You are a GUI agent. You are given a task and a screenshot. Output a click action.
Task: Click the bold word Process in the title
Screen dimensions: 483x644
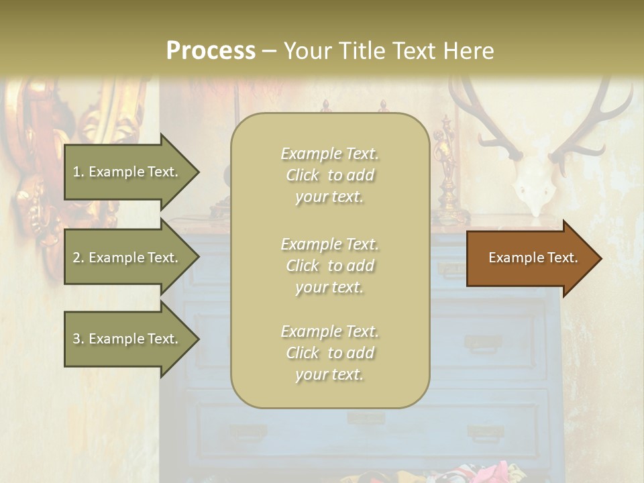click(x=211, y=50)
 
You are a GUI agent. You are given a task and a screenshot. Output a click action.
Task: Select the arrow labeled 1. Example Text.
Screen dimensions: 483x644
click(x=127, y=172)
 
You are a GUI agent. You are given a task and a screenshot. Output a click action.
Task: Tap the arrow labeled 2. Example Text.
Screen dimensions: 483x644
click(x=127, y=258)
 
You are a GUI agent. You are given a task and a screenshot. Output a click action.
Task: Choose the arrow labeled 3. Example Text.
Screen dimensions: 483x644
click(x=127, y=339)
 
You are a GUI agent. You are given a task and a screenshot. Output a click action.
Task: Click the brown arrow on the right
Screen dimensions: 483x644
click(x=530, y=258)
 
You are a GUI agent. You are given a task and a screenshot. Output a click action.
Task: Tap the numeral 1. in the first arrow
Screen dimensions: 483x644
click(x=78, y=172)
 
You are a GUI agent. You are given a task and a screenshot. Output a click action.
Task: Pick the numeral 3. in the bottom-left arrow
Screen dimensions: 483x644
click(x=78, y=339)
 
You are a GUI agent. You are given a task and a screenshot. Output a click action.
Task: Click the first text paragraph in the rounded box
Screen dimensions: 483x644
click(x=329, y=175)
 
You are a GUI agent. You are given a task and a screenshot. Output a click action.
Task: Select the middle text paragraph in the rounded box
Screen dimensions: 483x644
click(x=329, y=266)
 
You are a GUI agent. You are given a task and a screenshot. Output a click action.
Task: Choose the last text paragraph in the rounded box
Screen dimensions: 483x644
click(x=329, y=353)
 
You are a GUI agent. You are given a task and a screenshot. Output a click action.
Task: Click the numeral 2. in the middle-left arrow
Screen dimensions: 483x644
click(x=78, y=258)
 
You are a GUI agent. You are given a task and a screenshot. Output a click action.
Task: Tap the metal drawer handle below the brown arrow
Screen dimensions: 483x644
click(x=484, y=343)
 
